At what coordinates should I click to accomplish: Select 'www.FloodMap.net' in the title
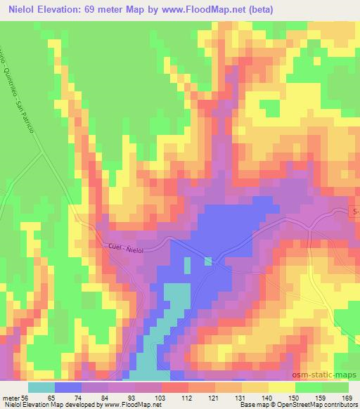[x=204, y=9]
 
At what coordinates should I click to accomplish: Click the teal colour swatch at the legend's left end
[x=41, y=387]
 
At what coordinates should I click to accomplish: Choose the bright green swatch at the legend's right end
[x=335, y=387]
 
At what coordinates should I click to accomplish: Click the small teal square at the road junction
[x=209, y=261]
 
